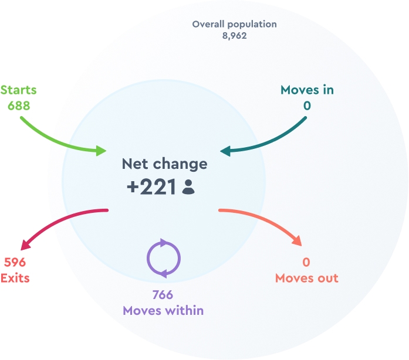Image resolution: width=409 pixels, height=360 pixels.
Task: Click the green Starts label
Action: tap(18, 90)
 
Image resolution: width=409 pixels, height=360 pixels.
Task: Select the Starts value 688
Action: tap(18, 106)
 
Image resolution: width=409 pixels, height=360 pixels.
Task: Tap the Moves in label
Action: tap(307, 90)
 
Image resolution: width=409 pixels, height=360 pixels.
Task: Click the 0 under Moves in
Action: tap(307, 106)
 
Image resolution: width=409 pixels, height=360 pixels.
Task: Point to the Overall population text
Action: tap(234, 25)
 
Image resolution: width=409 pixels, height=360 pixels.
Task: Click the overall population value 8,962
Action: tap(234, 36)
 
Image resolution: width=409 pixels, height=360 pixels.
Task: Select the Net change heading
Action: tap(164, 164)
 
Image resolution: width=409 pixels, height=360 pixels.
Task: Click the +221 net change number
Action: tap(151, 187)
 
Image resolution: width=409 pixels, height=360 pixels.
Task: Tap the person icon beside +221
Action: tap(188, 187)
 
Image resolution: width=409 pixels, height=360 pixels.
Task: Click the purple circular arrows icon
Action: tap(163, 258)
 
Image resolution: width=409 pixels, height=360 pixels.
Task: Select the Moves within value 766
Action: tap(163, 295)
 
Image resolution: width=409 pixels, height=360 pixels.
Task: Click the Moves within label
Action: tap(163, 311)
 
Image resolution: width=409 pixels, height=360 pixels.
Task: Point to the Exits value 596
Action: tap(15, 262)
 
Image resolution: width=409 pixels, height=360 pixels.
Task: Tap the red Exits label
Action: tap(15, 278)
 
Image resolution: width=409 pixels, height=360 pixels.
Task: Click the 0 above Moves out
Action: tap(306, 262)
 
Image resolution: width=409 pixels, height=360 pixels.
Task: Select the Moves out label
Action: tap(306, 278)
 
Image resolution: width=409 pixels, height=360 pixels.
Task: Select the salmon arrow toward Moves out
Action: tap(267, 220)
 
